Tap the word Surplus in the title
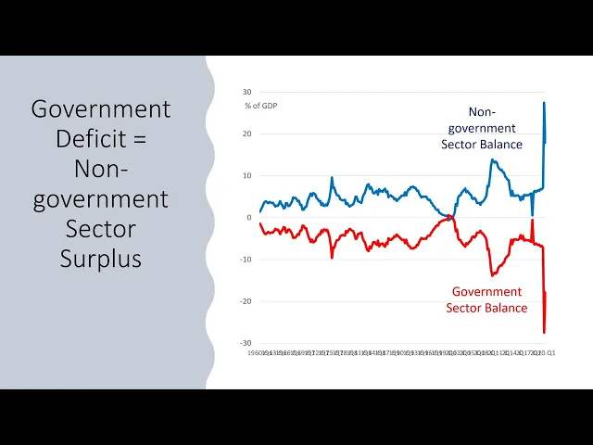click(101, 258)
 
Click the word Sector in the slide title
click(101, 228)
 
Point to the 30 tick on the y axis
click(247, 92)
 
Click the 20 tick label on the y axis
click(247, 133)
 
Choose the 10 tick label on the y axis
click(247, 175)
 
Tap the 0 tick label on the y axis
click(249, 218)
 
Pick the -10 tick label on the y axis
click(246, 260)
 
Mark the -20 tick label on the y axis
click(246, 301)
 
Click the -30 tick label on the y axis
click(246, 343)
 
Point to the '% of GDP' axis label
click(261, 106)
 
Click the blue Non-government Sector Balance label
click(482, 128)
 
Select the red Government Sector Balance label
click(486, 299)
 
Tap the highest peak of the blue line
click(544, 102)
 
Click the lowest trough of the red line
click(544, 332)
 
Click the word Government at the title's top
click(101, 109)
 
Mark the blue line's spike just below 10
click(333, 177)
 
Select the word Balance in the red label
click(507, 308)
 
